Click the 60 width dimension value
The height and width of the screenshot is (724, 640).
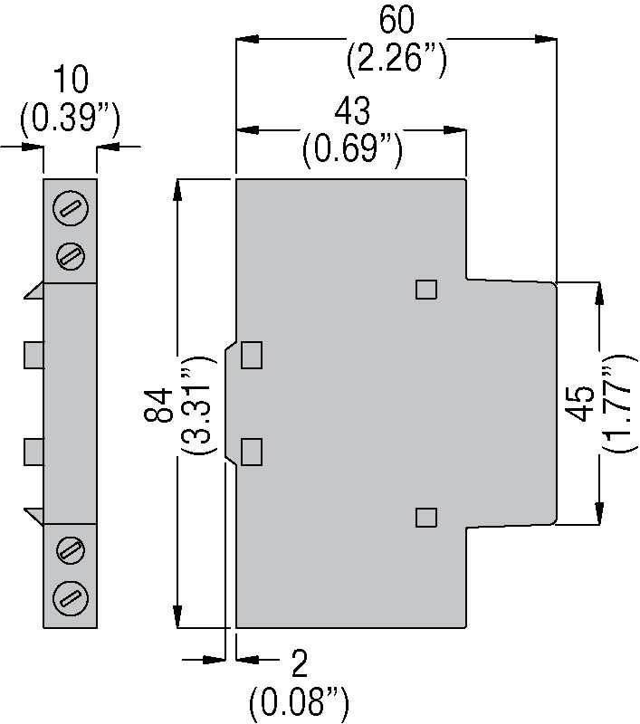[x=396, y=20]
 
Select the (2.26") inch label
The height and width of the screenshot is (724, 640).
[x=396, y=60]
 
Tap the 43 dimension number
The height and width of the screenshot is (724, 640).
[x=352, y=111]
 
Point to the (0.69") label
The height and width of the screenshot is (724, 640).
[x=352, y=149]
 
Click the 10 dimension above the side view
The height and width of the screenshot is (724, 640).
[x=71, y=81]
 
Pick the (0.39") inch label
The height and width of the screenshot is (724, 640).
[x=71, y=118]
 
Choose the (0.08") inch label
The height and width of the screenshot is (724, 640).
[x=300, y=701]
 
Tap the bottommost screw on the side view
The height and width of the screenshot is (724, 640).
[x=71, y=595]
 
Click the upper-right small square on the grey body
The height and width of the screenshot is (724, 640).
[x=426, y=289]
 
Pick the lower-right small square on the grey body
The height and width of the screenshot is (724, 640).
[x=425, y=517]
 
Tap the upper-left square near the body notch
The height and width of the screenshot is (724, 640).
[x=252, y=355]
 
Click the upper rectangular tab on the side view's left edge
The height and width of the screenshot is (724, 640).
[x=34, y=354]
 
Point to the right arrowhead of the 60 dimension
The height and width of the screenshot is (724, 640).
[x=548, y=39]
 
